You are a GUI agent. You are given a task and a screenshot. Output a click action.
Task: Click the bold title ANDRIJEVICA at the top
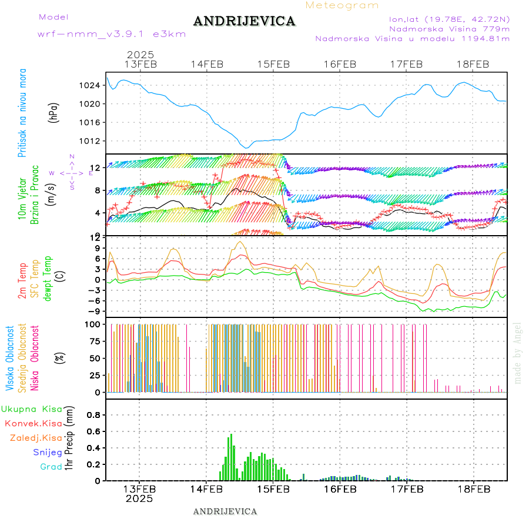click(244, 22)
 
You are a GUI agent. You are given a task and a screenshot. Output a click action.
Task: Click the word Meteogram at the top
click(342, 5)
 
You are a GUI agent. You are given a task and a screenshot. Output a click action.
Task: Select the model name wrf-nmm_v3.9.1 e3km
click(112, 34)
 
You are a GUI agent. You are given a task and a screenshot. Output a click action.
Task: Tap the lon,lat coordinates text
click(445, 18)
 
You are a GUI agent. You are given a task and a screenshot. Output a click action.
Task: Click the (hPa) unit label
click(55, 112)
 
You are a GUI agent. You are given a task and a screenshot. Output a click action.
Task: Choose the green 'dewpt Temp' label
click(48, 277)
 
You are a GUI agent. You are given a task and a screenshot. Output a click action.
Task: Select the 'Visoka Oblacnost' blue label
click(11, 358)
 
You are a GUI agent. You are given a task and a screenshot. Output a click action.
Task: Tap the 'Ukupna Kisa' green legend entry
click(32, 409)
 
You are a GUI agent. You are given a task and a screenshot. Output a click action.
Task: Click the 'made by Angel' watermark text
click(518, 353)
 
